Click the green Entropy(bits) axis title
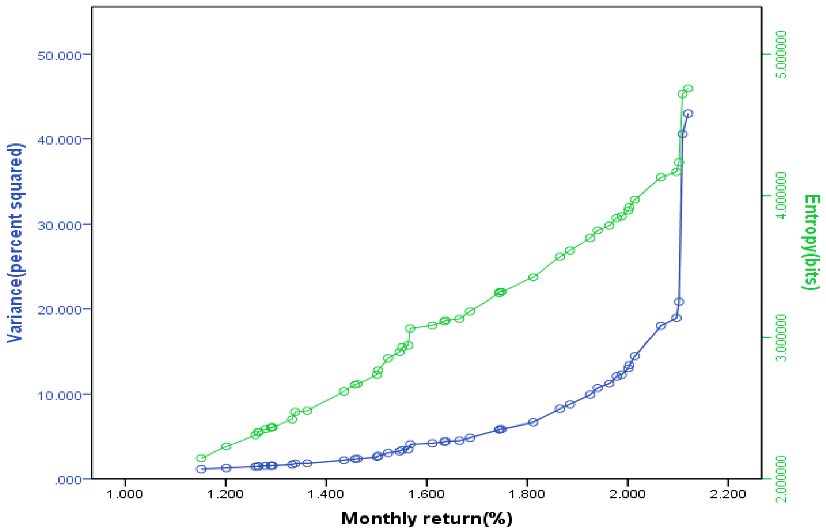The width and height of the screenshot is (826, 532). [x=812, y=242]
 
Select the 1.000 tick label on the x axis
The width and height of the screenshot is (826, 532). [x=125, y=494]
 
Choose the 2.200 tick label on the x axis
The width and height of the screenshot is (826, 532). [x=728, y=494]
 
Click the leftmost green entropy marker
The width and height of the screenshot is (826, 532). [x=201, y=458]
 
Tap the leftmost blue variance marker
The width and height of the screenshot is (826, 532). [x=201, y=469]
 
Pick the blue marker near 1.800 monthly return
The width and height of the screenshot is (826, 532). [x=533, y=422]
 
